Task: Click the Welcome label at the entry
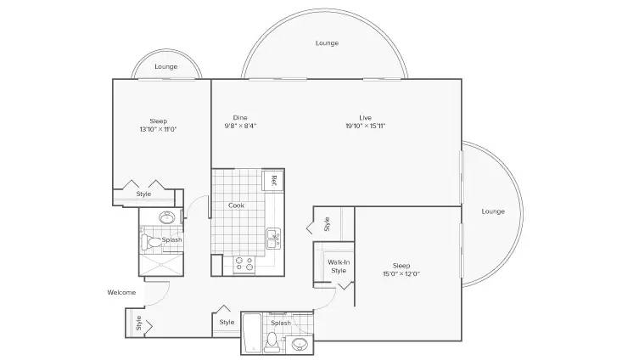pyautogui.click(x=121, y=292)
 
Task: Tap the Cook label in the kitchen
pyautogui.click(x=237, y=205)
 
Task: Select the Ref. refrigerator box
pyautogui.click(x=272, y=180)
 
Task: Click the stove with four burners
pyautogui.click(x=244, y=264)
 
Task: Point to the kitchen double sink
pyautogui.click(x=273, y=239)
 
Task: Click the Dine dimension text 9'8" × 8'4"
pyautogui.click(x=240, y=126)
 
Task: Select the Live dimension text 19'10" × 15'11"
pyautogui.click(x=366, y=126)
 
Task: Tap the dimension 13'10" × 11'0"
pyautogui.click(x=158, y=130)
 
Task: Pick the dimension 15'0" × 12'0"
pyautogui.click(x=401, y=274)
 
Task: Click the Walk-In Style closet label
pyautogui.click(x=339, y=267)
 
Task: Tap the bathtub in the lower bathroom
pyautogui.click(x=252, y=332)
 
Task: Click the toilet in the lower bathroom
pyautogui.click(x=272, y=341)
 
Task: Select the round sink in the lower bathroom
pyautogui.click(x=300, y=345)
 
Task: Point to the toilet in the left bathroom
pyautogui.click(x=151, y=243)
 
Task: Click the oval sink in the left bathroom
pyautogui.click(x=167, y=217)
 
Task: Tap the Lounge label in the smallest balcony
pyautogui.click(x=165, y=66)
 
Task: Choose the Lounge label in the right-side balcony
pyautogui.click(x=493, y=211)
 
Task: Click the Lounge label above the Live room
pyautogui.click(x=328, y=42)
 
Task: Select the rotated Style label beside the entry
pyautogui.click(x=138, y=323)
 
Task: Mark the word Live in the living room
pyautogui.click(x=366, y=118)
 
